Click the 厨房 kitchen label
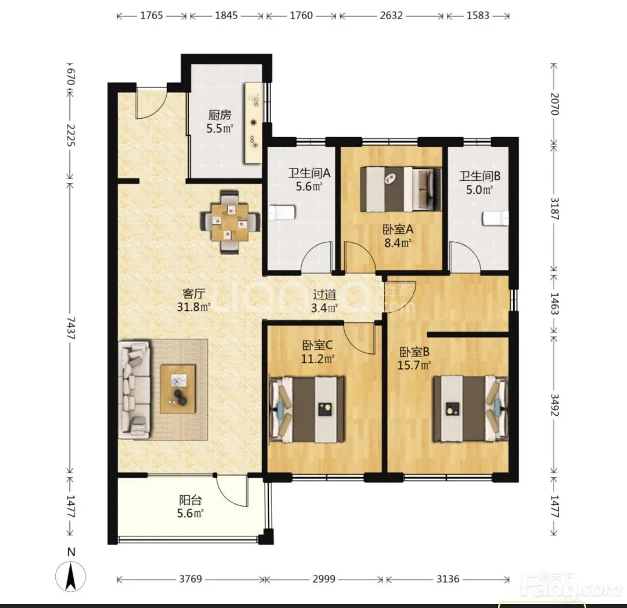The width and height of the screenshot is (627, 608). coord(220,115)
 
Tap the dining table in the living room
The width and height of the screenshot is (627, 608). coord(230,222)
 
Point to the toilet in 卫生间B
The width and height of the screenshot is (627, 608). coord(496,219)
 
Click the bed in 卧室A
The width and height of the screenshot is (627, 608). coord(401,189)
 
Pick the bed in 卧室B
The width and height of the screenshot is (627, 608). coord(470,409)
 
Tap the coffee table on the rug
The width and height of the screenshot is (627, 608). coord(179,389)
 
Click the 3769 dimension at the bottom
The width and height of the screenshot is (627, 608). coord(190,579)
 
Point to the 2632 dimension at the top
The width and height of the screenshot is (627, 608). coord(391,16)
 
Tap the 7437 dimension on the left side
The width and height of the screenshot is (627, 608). coord(71,328)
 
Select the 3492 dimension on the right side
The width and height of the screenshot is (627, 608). coord(554,405)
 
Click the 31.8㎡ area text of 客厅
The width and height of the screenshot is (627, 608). coord(194,307)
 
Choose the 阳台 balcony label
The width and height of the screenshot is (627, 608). coord(190,500)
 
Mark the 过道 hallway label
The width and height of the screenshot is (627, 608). coord(324,295)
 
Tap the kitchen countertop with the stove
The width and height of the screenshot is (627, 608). coord(254,122)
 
